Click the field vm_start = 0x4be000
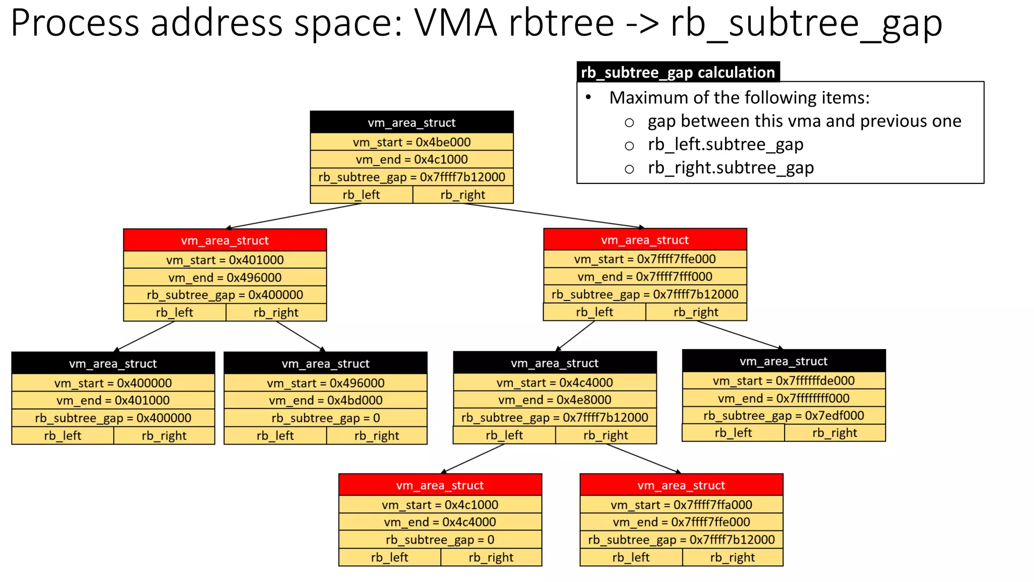pos(411,142)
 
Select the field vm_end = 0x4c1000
pos(411,160)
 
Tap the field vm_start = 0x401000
pos(225,260)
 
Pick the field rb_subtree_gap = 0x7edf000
pos(784,416)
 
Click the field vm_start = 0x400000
pos(113,383)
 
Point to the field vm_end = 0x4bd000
pos(326,401)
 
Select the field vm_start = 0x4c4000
pos(554,383)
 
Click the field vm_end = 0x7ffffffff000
pos(784,399)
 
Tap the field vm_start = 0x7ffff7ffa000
pos(681,505)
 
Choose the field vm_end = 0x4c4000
pos(440,522)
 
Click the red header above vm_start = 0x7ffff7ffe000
pos(645,240)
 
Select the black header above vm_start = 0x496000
pos(326,363)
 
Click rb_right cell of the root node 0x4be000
pos(462,195)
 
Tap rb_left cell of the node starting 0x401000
pos(174,313)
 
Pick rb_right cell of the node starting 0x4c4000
pos(605,435)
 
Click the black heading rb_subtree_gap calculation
pos(678,72)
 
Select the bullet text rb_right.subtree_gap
pos(731,168)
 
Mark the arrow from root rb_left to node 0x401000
pos(293,216)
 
